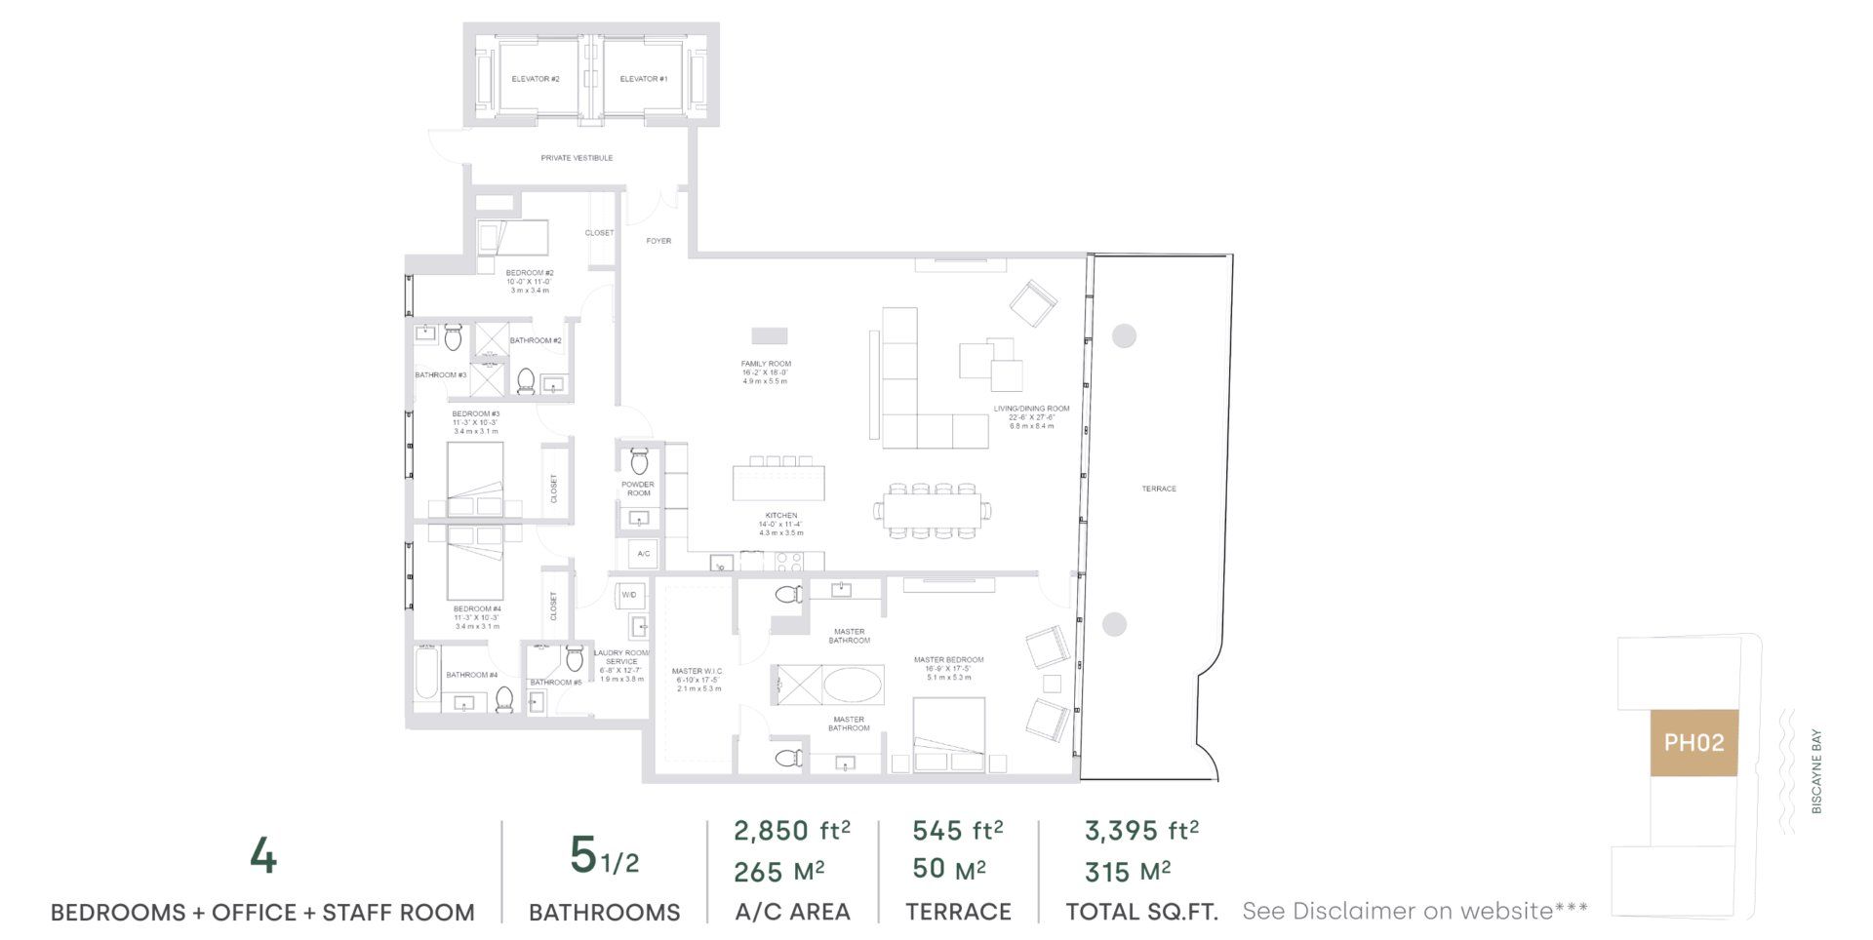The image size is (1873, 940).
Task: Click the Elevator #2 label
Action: pos(536,79)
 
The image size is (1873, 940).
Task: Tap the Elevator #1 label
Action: pos(644,79)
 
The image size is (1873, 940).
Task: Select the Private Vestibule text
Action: pos(577,158)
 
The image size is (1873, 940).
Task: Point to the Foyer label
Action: pos(658,241)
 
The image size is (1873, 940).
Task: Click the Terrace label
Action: pos(1159,489)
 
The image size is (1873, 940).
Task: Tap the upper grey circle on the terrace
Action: pos(1124,335)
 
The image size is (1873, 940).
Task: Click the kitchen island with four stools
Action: pos(778,484)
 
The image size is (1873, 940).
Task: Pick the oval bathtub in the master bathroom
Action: pos(853,685)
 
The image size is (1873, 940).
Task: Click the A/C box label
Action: pos(644,554)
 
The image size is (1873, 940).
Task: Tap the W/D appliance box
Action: pos(629,595)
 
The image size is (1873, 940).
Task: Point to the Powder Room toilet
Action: pos(639,459)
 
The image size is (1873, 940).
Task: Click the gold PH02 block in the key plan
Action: pos(1694,743)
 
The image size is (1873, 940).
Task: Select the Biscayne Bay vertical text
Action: pos(1816,771)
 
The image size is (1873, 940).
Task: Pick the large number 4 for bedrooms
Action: pos(263,857)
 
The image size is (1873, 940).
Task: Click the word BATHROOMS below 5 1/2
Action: pos(604,913)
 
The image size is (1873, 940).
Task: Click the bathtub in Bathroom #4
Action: pos(427,674)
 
